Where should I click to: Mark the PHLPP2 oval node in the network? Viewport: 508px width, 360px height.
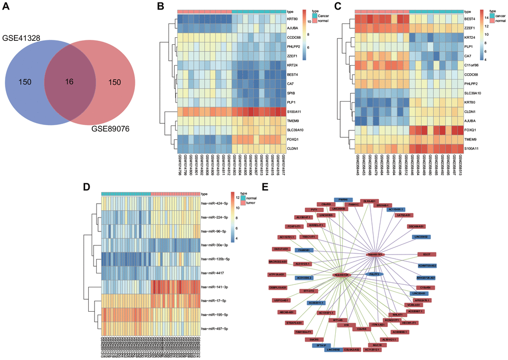[374, 274]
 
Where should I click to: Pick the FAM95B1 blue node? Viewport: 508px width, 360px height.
[304, 250]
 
